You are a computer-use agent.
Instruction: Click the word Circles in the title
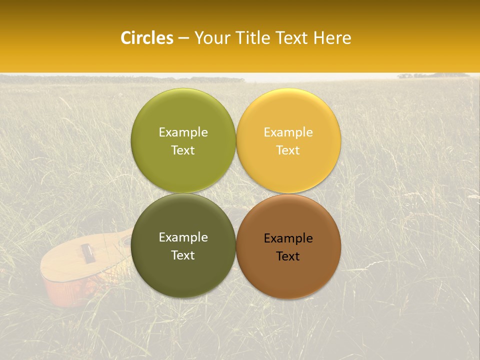click(147, 38)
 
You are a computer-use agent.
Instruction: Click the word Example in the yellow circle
click(288, 132)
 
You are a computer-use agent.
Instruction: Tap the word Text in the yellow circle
click(288, 150)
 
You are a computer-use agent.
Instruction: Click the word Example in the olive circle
click(183, 132)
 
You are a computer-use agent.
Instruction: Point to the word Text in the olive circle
click(183, 150)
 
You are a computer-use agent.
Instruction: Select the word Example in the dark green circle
click(183, 237)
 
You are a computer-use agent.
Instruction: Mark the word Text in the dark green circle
click(183, 255)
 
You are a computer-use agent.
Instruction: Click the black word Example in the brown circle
click(288, 238)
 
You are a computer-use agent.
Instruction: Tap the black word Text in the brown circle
click(288, 256)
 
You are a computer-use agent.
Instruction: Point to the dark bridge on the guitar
click(87, 252)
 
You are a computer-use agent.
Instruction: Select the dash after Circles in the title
click(183, 38)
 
